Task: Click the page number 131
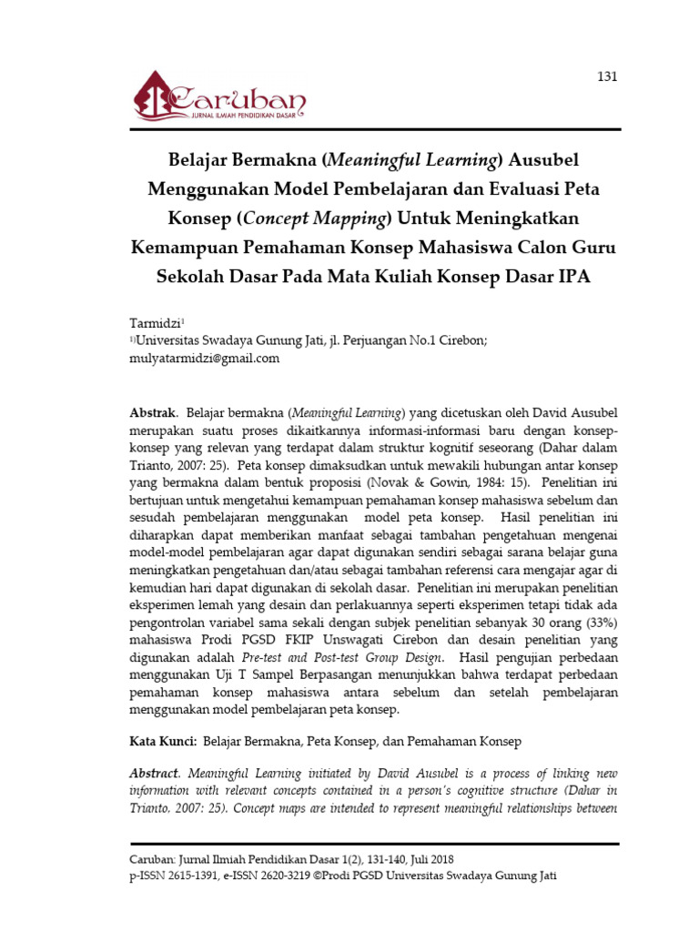click(x=607, y=76)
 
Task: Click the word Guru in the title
click(x=594, y=248)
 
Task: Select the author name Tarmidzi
click(x=157, y=323)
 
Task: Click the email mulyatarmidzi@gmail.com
click(x=206, y=359)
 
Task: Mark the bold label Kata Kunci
click(x=163, y=743)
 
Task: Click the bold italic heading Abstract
click(x=156, y=772)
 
